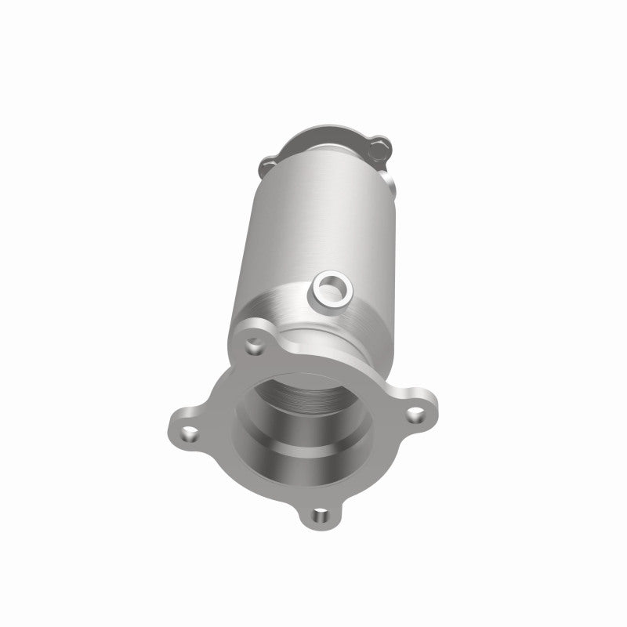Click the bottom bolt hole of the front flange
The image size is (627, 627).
coord(318,515)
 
